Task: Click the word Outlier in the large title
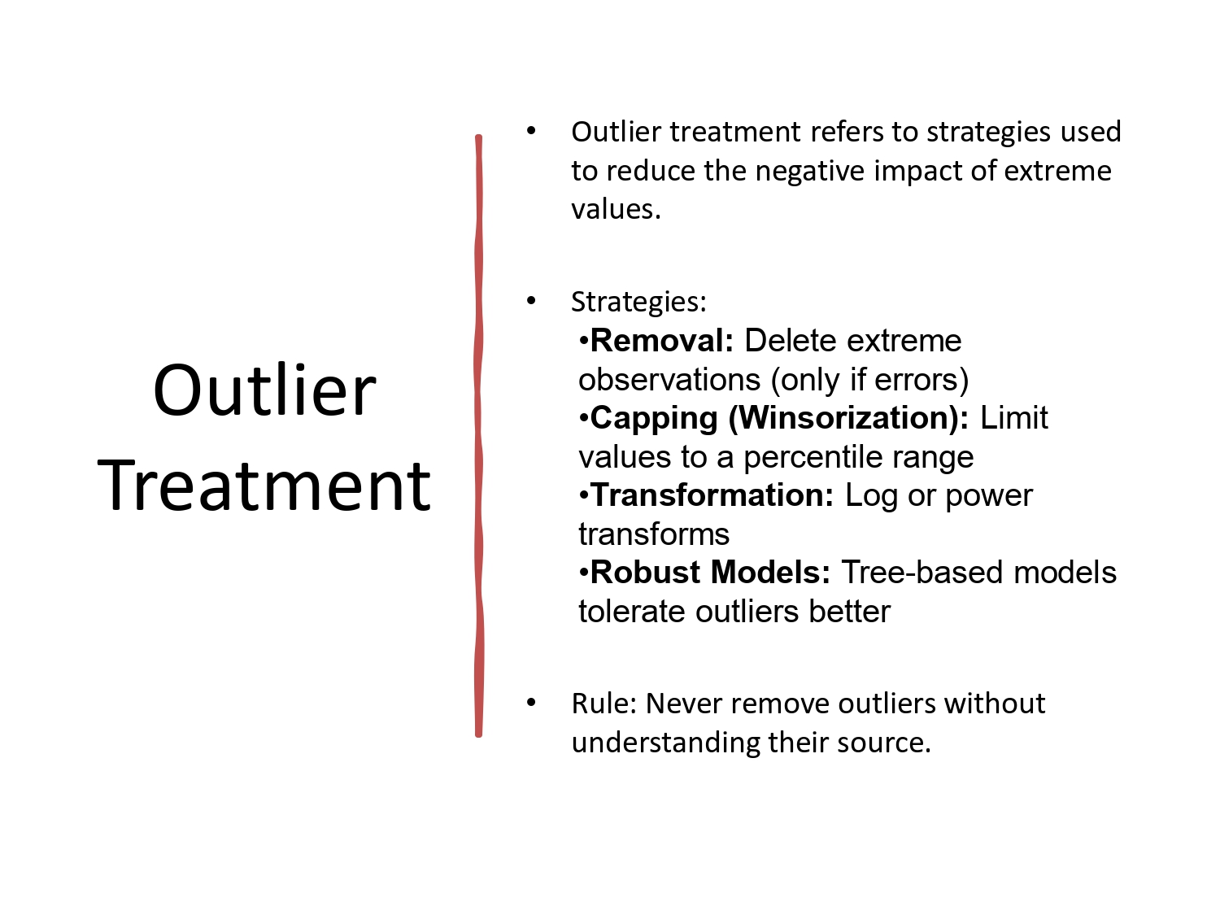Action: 264,391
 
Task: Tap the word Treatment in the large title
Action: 264,486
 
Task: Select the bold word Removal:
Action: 662,341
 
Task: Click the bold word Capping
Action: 654,418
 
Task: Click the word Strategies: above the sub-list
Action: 638,303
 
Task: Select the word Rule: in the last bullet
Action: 604,704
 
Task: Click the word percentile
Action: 806,457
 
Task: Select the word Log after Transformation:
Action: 871,495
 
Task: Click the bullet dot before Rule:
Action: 531,703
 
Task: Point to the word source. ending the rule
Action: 891,743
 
